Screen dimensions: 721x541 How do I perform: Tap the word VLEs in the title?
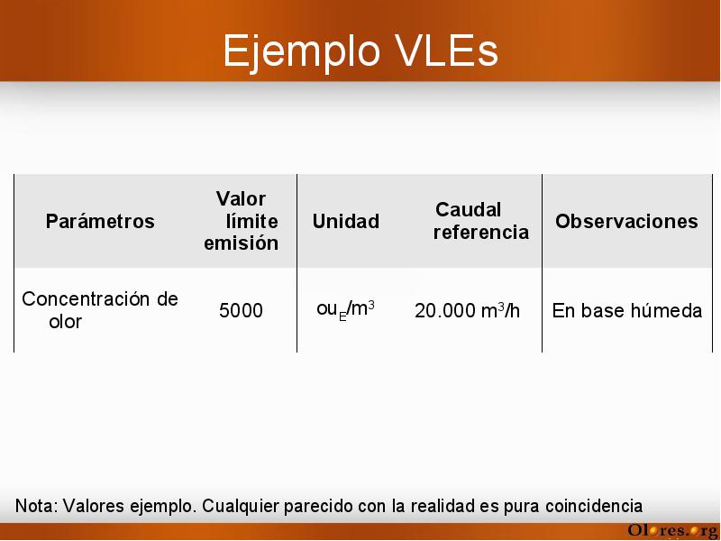coord(446,50)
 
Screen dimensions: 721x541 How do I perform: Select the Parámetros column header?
coord(100,221)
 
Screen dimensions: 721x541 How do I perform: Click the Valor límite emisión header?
coord(242,221)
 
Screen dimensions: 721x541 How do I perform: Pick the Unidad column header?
coord(346,221)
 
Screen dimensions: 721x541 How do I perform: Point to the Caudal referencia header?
coord(481,221)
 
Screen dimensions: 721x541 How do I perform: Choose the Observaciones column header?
coord(626,221)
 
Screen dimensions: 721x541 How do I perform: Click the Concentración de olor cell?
coord(100,310)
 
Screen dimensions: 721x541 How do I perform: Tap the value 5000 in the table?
coord(241,310)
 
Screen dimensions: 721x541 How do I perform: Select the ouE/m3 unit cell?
coord(345,310)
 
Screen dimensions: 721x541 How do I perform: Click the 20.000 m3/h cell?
coord(467,310)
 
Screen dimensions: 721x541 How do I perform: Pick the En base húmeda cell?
coord(626,310)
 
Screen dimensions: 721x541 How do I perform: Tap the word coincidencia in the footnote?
coord(594,506)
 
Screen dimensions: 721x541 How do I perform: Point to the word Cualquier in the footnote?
coord(240,506)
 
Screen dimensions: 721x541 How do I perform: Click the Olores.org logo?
coord(673,530)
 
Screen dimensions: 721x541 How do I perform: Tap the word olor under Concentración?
coord(65,322)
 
